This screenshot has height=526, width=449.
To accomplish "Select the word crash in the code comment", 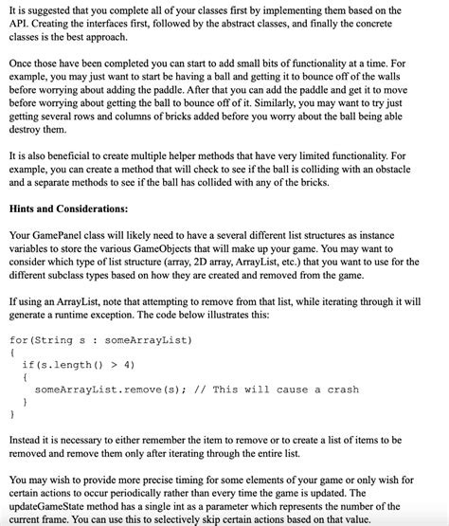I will (340, 389).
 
